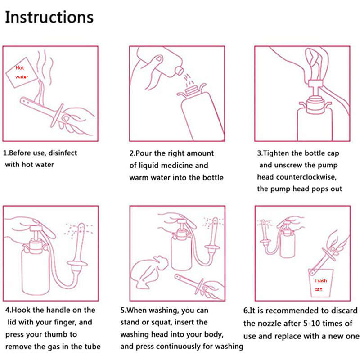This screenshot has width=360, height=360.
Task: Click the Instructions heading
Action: (49, 17)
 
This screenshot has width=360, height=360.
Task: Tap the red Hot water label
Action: (22, 72)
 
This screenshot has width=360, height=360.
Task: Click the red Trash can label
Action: (320, 285)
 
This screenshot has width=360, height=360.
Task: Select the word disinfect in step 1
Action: (63, 153)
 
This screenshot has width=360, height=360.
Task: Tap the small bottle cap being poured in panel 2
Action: (179, 70)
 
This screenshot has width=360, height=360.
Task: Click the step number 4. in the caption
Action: (9, 310)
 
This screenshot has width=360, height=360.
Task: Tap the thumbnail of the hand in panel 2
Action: (159, 59)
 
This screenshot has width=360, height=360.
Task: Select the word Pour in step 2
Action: (144, 153)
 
